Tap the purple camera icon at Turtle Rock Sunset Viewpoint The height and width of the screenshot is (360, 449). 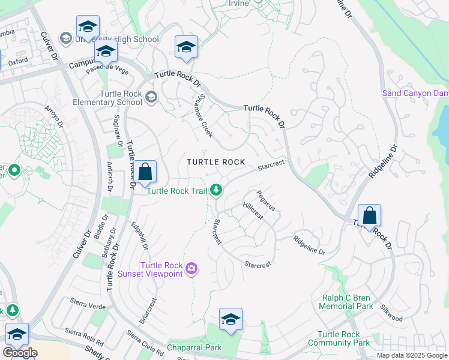(191, 269)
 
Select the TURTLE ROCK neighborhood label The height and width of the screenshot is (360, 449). (215, 162)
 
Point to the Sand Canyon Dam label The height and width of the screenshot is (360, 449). (415, 93)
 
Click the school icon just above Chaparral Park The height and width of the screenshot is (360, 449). (231, 320)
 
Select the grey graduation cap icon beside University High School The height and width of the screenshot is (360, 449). (65, 39)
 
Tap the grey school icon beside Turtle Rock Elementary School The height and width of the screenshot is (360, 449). (151, 97)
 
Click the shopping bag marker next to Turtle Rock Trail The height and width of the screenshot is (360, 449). (145, 172)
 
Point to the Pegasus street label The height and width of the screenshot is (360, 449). (265, 200)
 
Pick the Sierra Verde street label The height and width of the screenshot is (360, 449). (88, 305)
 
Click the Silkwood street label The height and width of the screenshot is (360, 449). (391, 314)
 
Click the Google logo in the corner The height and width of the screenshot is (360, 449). (20, 353)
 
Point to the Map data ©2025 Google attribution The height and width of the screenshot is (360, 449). (411, 355)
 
